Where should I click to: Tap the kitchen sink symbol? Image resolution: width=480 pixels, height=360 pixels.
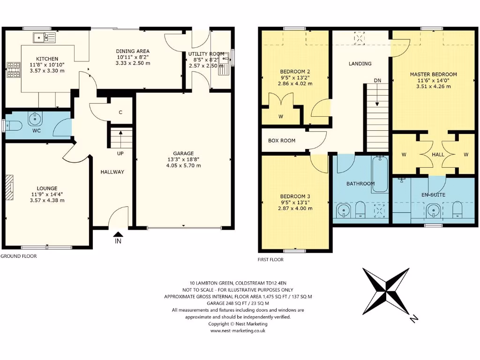(44, 37)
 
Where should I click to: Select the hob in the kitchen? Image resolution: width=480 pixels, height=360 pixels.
(13, 70)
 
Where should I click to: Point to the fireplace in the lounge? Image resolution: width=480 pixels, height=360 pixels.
(10, 188)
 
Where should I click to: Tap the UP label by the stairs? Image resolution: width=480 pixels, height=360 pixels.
(120, 153)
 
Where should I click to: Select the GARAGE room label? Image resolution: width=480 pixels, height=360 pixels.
(183, 153)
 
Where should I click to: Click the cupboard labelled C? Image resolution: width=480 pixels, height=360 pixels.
(120, 112)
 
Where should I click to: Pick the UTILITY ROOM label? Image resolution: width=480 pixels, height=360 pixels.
(206, 54)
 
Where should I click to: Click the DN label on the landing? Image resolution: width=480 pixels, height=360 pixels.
(377, 80)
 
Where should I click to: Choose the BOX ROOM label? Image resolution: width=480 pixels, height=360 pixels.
(281, 140)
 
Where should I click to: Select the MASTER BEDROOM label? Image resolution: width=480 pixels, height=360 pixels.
(433, 74)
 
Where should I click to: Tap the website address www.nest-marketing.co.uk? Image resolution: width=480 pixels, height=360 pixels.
(238, 330)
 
